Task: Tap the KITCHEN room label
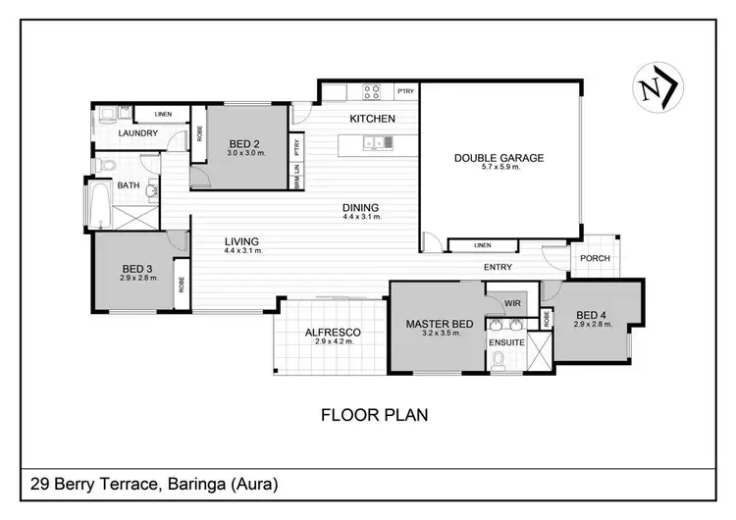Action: [x=373, y=119]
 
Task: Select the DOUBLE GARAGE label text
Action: [x=499, y=158]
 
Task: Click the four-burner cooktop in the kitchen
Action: [x=373, y=93]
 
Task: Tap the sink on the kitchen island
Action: [x=375, y=143]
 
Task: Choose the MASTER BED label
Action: [x=441, y=324]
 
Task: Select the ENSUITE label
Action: [x=508, y=342]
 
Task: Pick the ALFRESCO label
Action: [x=332, y=333]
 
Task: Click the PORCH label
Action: [x=595, y=259]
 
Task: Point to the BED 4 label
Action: [x=591, y=314]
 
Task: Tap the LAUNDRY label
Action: [x=138, y=133]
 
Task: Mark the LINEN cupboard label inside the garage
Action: [x=481, y=245]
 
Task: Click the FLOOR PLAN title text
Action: [x=374, y=415]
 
